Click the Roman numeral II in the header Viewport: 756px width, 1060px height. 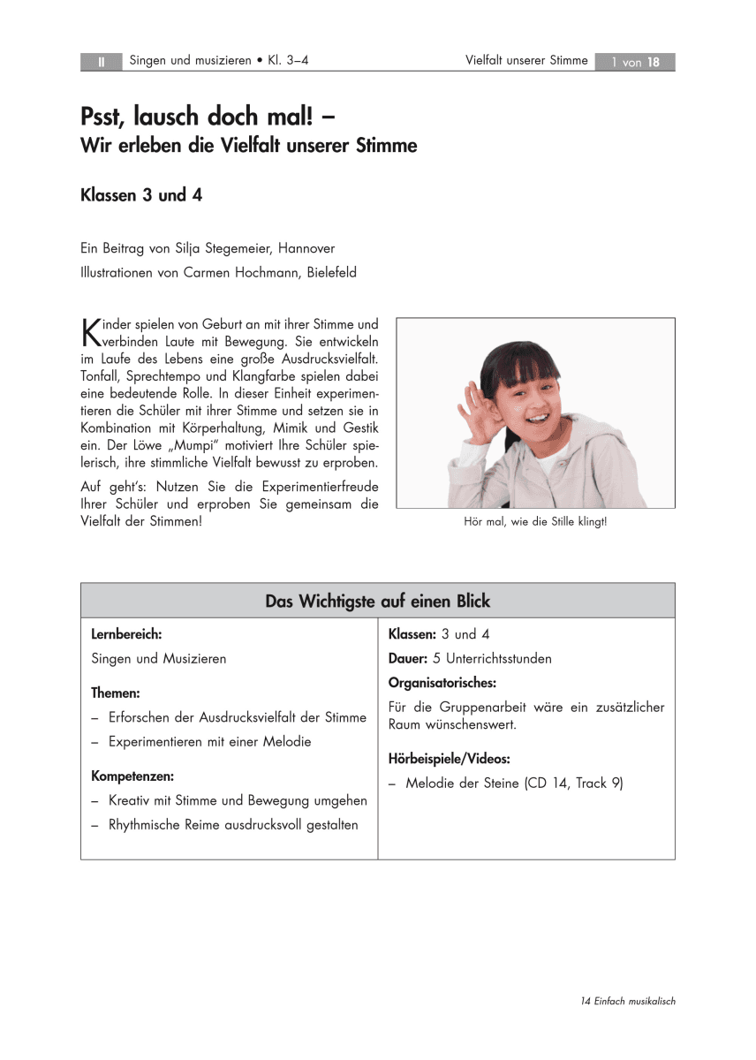coord(101,62)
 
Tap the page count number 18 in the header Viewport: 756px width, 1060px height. coord(654,62)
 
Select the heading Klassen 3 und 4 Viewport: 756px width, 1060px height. coord(141,195)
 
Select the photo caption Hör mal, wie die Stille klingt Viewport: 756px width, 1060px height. coord(535,522)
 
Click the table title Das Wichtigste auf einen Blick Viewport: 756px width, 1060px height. coord(377,602)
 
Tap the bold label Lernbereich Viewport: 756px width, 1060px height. coord(126,634)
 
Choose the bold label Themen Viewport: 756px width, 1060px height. coord(116,693)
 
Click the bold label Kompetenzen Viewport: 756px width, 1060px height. coord(132,776)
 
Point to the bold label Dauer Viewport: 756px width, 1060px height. coord(408,658)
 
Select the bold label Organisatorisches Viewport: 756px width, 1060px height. coord(442,682)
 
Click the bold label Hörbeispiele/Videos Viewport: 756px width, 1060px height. coord(449,759)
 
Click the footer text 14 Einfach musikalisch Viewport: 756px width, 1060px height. coord(628,1001)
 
